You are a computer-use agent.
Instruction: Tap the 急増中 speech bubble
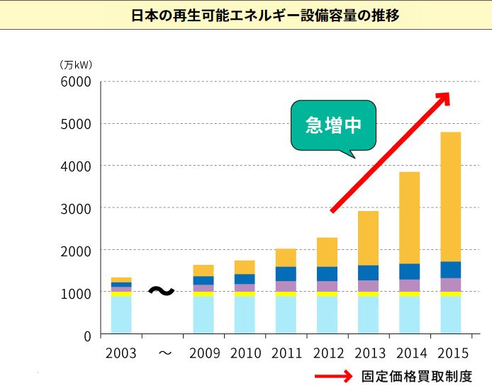point(333,125)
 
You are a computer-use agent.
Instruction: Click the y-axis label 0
point(87,336)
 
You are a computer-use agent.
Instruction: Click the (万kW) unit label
point(76,64)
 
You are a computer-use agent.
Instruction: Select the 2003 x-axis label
point(121,353)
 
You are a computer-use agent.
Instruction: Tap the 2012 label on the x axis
point(327,353)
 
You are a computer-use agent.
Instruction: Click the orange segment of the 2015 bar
point(451,197)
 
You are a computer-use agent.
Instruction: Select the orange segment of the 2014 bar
point(410,217)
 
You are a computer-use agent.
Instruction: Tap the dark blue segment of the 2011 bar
point(286,274)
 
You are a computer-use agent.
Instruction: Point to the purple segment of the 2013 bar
point(368,286)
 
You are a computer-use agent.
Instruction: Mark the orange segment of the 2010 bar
point(245,267)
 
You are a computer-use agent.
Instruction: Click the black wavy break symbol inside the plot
point(162,291)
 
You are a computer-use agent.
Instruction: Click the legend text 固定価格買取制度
point(416,377)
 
